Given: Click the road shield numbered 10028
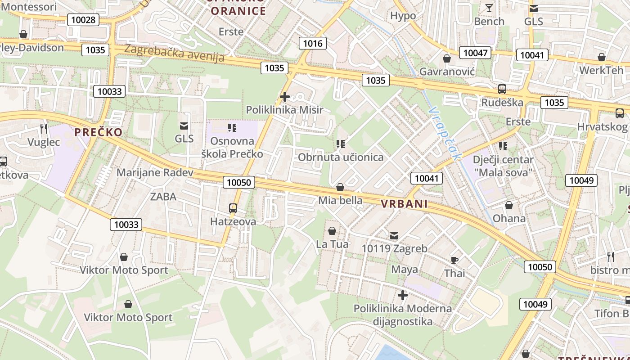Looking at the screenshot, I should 83,19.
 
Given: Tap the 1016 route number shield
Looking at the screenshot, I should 313,43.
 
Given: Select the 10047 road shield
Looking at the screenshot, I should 475,53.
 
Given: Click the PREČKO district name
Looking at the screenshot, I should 99,132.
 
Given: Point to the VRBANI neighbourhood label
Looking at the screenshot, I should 404,204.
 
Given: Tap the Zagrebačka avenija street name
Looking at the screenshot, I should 174,53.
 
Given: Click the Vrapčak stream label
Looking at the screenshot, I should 445,133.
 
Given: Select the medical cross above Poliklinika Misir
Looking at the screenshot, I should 284,96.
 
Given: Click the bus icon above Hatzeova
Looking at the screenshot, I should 233,208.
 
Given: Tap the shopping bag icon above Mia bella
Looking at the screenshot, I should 341,187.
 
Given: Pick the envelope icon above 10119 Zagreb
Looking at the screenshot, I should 394,235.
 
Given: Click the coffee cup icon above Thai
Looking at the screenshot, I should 454,260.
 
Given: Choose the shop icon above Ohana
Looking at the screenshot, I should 509,205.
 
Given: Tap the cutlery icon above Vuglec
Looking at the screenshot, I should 44,129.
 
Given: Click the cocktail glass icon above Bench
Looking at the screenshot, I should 489,8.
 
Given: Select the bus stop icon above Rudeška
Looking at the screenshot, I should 502,89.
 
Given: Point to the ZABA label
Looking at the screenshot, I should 163,197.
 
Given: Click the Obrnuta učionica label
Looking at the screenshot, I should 341,157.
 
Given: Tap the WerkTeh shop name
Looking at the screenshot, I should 602,70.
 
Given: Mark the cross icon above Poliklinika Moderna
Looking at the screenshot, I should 403,295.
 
